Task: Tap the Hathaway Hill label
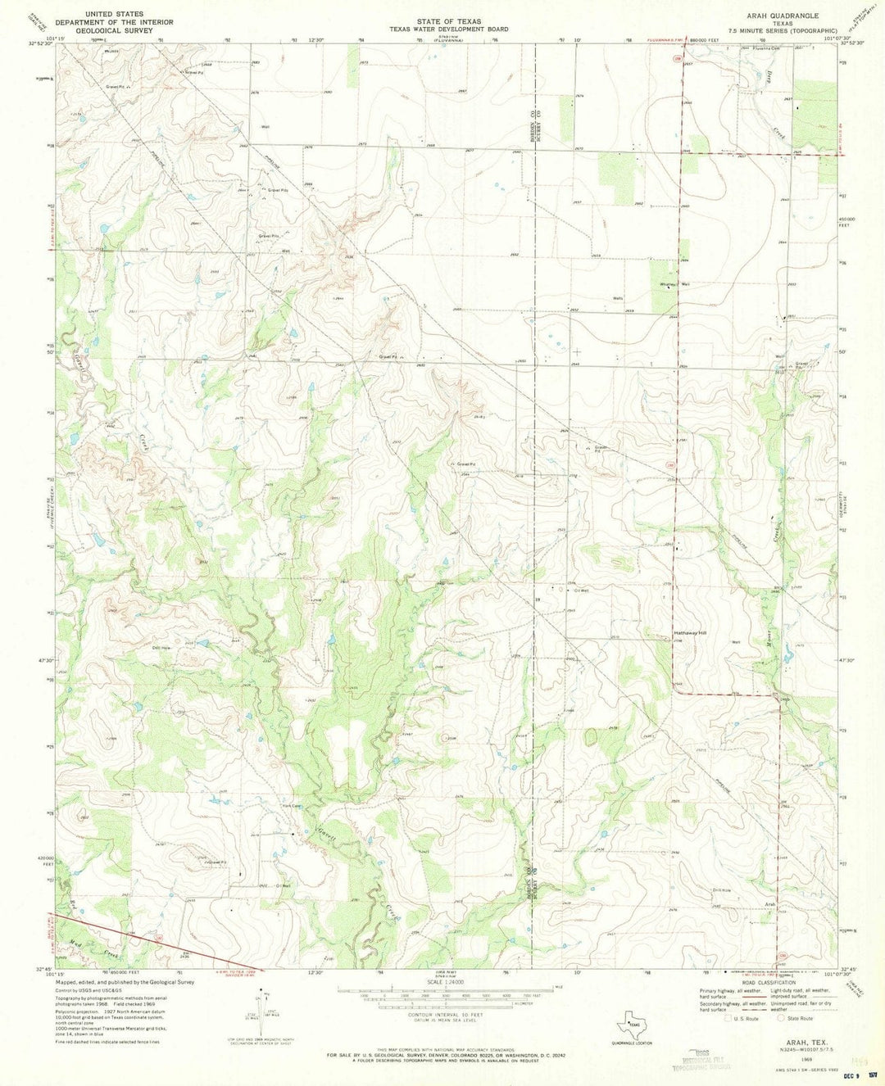coord(689,632)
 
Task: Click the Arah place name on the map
coord(769,904)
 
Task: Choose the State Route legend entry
coord(796,1018)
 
